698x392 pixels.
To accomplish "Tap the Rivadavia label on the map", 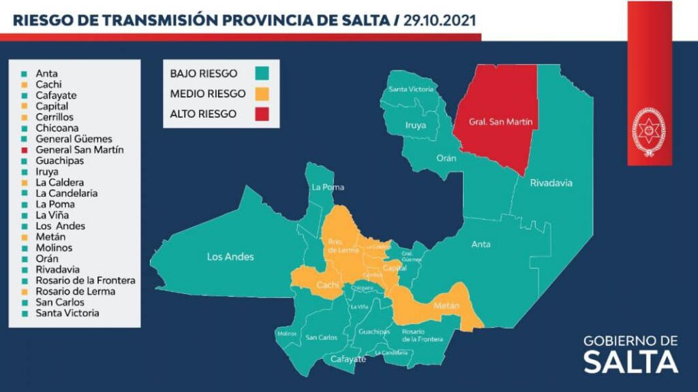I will (551, 183).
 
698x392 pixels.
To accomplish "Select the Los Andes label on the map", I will (230, 257).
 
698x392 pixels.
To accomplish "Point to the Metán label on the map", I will (447, 306).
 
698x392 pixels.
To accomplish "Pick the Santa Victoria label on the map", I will (410, 89).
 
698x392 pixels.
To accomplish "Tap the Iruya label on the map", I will (417, 125).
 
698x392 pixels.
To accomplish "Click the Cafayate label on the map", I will (348, 359).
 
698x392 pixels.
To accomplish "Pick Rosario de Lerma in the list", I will (75, 291).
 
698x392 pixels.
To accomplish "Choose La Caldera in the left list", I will (61, 182).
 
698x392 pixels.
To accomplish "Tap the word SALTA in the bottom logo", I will (631, 362).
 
